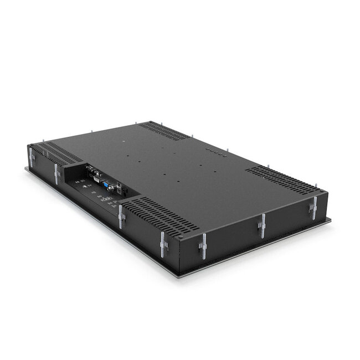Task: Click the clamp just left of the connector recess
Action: [56, 173]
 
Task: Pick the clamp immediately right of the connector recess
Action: [121, 216]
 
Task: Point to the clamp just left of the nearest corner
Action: [163, 244]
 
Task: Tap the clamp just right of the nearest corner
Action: [203, 245]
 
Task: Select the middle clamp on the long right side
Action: [263, 225]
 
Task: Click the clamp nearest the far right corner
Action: [313, 207]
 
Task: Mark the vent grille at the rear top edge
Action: [164, 131]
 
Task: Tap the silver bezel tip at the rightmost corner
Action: [330, 220]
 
